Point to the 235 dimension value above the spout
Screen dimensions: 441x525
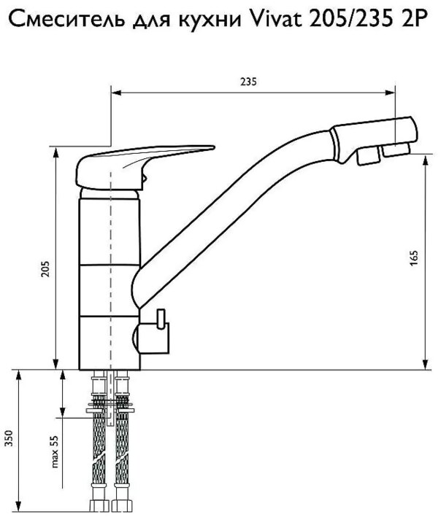point(248,82)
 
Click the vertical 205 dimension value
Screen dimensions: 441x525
point(45,268)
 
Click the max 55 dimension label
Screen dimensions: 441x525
point(55,451)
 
